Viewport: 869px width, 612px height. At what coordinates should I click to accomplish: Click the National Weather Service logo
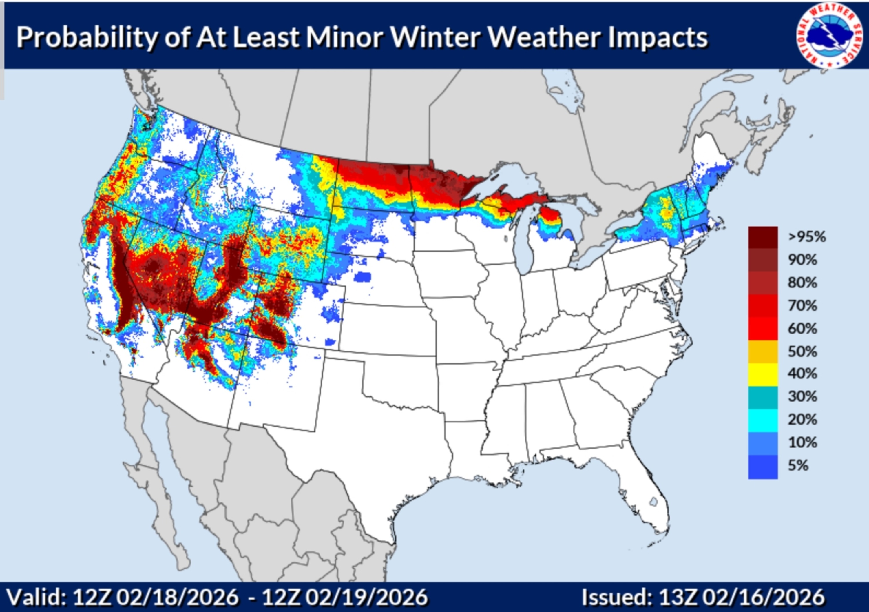[x=826, y=36]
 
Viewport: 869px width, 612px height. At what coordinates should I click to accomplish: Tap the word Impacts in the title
[x=658, y=38]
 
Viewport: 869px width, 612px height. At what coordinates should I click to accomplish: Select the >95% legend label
[x=806, y=237]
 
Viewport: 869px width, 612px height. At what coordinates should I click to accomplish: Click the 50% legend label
[x=802, y=351]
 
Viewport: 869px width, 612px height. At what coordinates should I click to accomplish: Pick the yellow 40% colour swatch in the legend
[x=763, y=374]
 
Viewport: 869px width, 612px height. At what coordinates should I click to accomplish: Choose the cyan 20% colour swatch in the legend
[x=763, y=420]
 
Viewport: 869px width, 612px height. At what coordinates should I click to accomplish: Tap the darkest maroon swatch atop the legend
[x=763, y=237]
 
